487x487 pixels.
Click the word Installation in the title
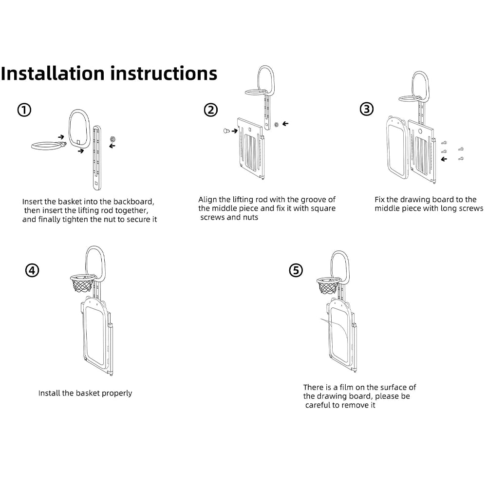(x=52, y=73)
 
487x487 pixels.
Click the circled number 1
(x=24, y=110)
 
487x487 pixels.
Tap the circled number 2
(x=210, y=110)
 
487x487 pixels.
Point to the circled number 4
(x=32, y=270)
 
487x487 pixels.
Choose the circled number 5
(x=296, y=270)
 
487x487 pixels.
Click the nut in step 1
(x=113, y=139)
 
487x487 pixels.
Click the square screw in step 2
(x=226, y=131)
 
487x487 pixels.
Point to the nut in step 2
(x=276, y=124)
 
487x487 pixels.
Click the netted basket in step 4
(x=83, y=284)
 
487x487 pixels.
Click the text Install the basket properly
(x=85, y=393)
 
